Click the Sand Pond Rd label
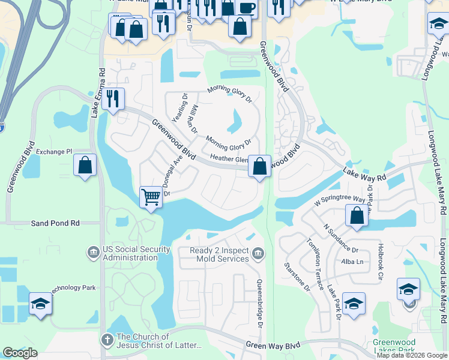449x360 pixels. pyautogui.click(x=55, y=223)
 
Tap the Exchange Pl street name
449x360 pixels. pyautogui.click(x=53, y=152)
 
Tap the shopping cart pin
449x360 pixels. pyautogui.click(x=151, y=196)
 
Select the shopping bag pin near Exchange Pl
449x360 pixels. pyautogui.click(x=85, y=164)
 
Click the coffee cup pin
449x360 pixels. pyautogui.click(x=246, y=7)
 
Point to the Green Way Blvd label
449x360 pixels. pyautogui.click(x=273, y=346)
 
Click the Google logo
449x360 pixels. pyautogui.click(x=20, y=353)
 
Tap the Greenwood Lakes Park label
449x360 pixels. pyautogui.click(x=394, y=346)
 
